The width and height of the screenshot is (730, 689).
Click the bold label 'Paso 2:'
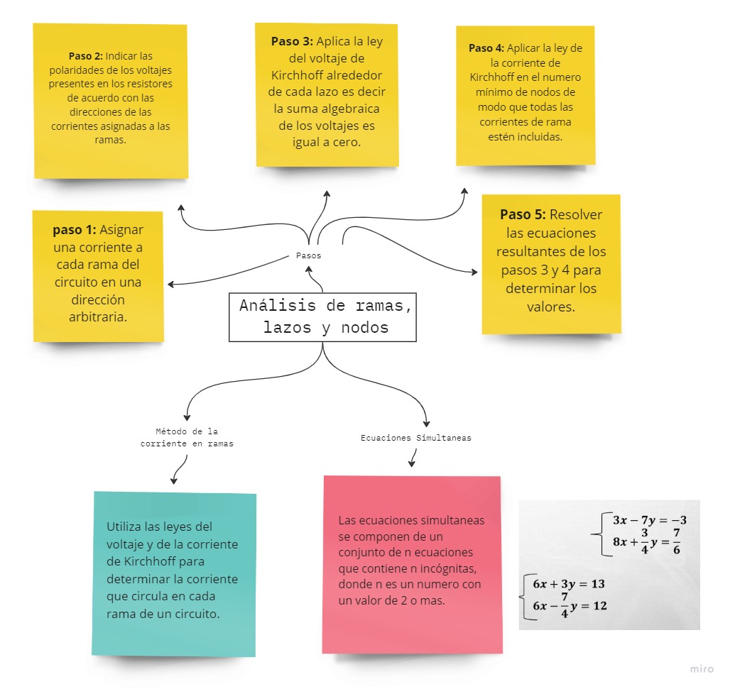pos(85,55)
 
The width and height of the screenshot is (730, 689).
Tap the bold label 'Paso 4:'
pos(486,48)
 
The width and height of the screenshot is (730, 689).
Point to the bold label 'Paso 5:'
pos(523,214)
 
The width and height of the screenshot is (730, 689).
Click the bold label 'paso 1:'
pos(75,230)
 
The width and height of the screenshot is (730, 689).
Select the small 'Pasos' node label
pos(308,255)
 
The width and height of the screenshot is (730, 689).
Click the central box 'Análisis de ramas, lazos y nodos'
pos(323,317)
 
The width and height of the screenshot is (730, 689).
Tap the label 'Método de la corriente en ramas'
pos(187,437)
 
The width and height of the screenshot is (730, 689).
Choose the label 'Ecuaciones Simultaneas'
pos(415,438)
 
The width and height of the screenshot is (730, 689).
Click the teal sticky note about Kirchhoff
pos(174,573)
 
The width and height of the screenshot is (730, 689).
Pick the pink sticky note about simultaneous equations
pos(412,564)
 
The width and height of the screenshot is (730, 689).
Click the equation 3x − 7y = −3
pos(649,520)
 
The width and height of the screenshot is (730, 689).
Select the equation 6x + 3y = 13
pos(569,583)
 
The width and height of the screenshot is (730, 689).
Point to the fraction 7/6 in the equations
pos(677,541)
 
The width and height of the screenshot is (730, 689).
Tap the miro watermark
pos(701,669)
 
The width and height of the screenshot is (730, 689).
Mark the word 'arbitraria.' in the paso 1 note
pos(98,316)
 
